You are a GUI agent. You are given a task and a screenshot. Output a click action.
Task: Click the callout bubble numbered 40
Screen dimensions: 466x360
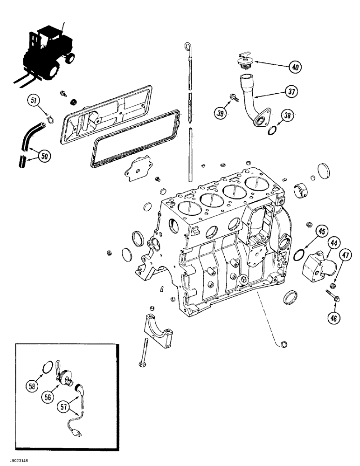[294, 67]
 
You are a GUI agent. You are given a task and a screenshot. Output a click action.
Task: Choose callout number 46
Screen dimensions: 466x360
[334, 318]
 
